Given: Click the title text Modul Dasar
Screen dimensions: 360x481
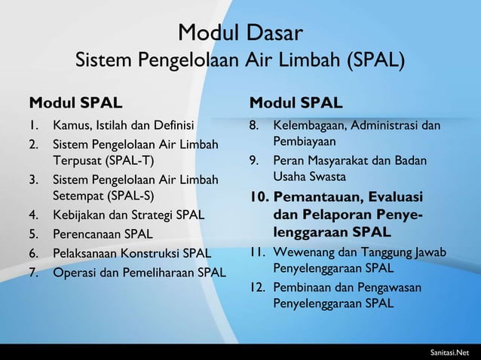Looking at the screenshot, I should click(x=240, y=32).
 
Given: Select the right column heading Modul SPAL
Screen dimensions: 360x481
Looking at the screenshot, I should click(x=296, y=101).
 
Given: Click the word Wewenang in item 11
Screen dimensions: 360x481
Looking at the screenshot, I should click(x=301, y=251).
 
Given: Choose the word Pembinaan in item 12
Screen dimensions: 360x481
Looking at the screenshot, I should click(x=301, y=287).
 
